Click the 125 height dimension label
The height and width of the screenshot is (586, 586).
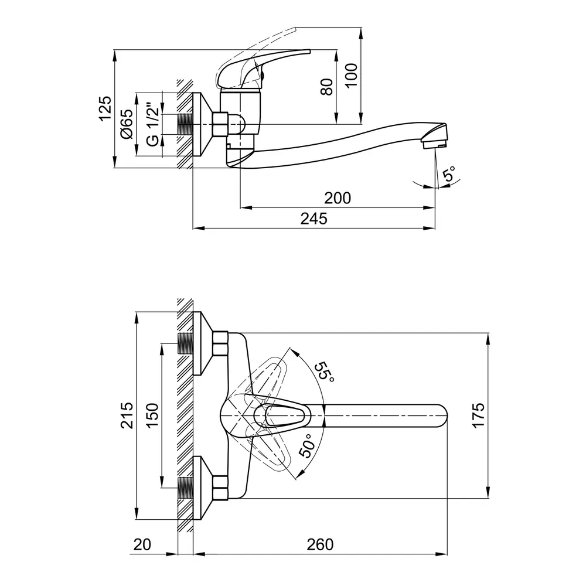pyautogui.click(x=104, y=108)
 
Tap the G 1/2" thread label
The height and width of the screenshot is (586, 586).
pyautogui.click(x=152, y=124)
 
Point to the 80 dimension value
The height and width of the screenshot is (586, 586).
pyautogui.click(x=327, y=87)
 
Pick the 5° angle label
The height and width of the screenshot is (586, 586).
pyautogui.click(x=450, y=174)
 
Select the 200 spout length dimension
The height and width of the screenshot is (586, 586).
pyautogui.click(x=338, y=198)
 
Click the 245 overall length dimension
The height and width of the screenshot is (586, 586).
pyautogui.click(x=314, y=219)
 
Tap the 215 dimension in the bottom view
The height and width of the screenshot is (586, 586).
pyautogui.click(x=127, y=415)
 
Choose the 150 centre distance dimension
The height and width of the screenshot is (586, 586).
pyautogui.click(x=152, y=415)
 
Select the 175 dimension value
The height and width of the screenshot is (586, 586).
pyautogui.click(x=479, y=415)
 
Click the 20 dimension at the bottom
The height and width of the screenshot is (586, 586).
pyautogui.click(x=142, y=544)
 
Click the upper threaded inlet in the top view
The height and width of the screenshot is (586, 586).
pyautogui.click(x=185, y=343)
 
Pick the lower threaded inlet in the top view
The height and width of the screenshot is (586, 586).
pyautogui.click(x=185, y=488)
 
